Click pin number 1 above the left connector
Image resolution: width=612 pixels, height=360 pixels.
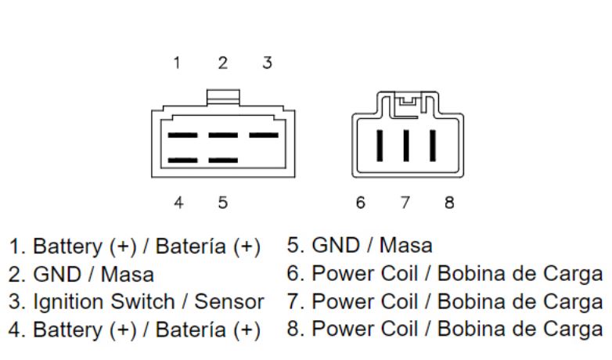pyautogui.click(x=178, y=63)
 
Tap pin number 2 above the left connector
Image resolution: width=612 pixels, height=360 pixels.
pyautogui.click(x=223, y=63)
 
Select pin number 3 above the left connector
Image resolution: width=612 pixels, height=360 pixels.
pyautogui.click(x=267, y=63)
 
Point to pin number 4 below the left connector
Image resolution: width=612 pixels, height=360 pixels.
pyautogui.click(x=178, y=203)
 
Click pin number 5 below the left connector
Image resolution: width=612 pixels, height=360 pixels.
pyautogui.click(x=223, y=203)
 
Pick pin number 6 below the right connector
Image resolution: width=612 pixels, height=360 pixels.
pyautogui.click(x=360, y=203)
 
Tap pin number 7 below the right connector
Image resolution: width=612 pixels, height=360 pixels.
pyautogui.click(x=405, y=203)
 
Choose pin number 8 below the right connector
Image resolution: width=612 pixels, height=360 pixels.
pyautogui.click(x=449, y=203)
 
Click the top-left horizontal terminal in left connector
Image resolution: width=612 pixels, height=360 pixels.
pyautogui.click(x=182, y=135)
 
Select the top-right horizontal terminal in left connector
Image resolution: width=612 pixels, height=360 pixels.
pyautogui.click(x=264, y=135)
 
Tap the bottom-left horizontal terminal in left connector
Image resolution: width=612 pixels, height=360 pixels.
pyautogui.click(x=182, y=160)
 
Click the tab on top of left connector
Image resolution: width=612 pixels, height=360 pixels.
pyautogui.click(x=222, y=98)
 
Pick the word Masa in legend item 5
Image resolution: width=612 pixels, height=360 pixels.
pyautogui.click(x=405, y=246)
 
